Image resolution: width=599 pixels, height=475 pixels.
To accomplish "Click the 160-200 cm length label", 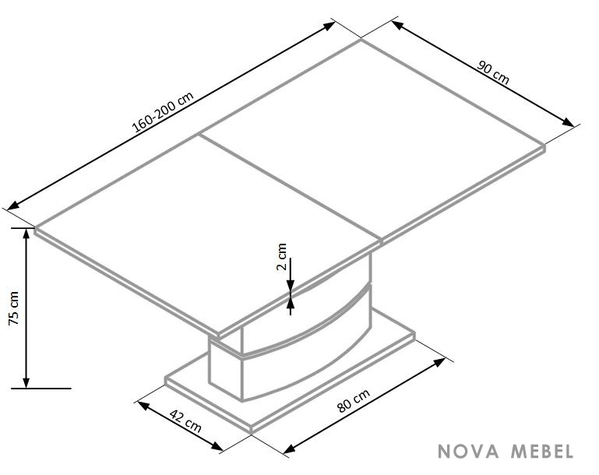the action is [163, 112].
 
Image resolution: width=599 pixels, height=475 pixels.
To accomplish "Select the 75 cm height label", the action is [14, 308].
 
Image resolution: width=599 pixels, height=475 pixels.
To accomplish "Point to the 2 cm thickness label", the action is [281, 257].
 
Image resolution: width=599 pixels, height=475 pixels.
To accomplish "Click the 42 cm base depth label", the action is [185, 420].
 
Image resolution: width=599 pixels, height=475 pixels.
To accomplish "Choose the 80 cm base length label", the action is [354, 401].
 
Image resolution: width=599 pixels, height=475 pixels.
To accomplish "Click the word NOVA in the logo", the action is [468, 452].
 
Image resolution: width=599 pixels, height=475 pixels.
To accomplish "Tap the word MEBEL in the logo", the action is [542, 452].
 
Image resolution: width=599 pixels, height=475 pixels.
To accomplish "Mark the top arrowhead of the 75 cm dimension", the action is [26, 233].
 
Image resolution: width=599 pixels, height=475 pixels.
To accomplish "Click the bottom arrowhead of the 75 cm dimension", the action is [26, 383].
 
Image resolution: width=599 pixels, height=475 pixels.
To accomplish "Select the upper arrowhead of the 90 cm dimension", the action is [397, 25].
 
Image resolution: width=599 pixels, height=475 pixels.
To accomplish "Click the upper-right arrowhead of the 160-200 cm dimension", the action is [329, 26].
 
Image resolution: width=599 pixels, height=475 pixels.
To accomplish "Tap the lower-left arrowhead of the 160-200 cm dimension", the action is [12, 206].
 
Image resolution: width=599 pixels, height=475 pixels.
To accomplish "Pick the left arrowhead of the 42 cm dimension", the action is [143, 406].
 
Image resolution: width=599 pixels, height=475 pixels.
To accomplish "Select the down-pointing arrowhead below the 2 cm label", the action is [291, 286].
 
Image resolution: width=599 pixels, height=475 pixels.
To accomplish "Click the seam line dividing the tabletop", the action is [291, 188].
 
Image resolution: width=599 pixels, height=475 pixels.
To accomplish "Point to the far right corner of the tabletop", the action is [545, 145].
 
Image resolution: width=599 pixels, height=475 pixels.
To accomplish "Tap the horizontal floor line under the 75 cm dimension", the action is [41, 389].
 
